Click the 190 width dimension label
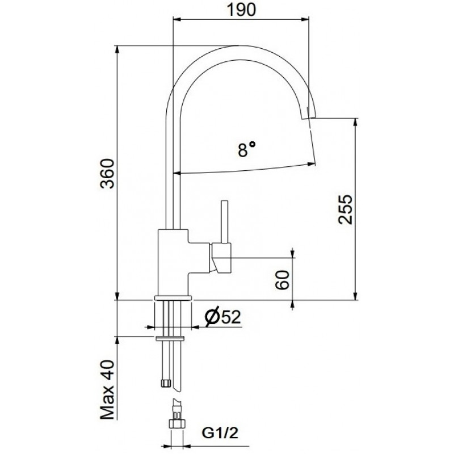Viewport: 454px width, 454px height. click(241, 10)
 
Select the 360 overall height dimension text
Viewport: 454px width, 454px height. click(107, 174)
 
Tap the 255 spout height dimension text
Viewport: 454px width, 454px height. click(346, 209)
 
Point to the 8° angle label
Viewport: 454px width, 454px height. click(247, 149)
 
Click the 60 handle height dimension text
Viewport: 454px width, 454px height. click(282, 280)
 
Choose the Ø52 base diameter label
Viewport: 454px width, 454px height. click(222, 317)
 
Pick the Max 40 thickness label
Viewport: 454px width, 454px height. click(107, 389)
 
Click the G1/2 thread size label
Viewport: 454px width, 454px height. click(220, 433)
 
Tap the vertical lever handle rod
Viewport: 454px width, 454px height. click(225, 221)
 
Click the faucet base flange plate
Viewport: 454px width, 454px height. click(173, 298)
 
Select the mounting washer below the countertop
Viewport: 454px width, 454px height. click(170, 338)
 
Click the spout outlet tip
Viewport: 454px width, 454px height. click(309, 117)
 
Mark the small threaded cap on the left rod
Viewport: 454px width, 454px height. click(165, 383)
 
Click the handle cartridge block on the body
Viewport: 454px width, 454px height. click(222, 258)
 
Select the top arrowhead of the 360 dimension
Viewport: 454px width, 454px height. click(117, 50)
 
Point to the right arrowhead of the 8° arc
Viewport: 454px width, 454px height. click(311, 164)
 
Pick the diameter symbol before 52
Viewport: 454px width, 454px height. click(212, 317)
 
